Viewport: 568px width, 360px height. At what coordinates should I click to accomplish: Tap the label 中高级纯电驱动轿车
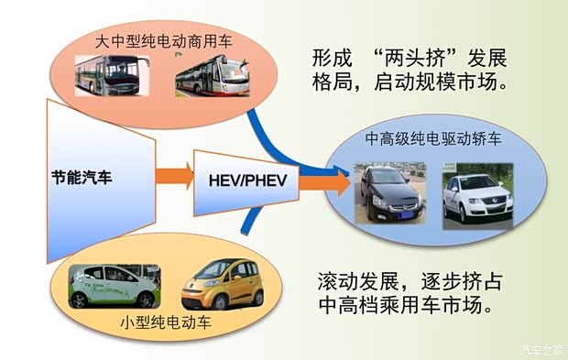(x=433, y=139)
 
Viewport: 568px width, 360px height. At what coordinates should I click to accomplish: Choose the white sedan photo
(x=477, y=193)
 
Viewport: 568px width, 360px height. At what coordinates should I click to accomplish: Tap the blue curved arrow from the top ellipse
(x=275, y=137)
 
